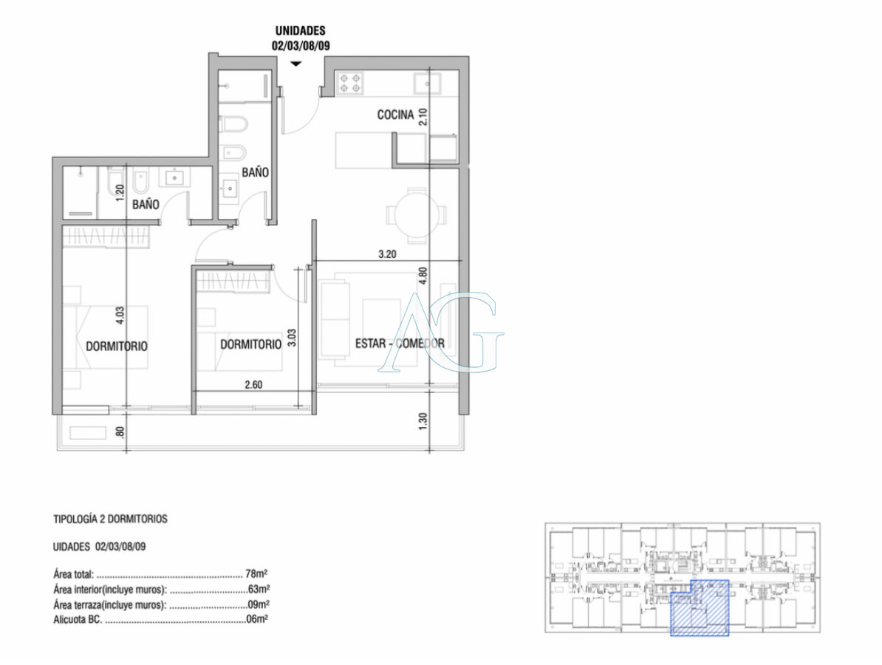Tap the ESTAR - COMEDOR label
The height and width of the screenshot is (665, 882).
400,344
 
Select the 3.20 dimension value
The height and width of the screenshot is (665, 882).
388,253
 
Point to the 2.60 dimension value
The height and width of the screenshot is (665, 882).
253,384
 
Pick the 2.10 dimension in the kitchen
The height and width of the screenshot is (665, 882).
423,117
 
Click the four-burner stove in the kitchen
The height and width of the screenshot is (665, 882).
350,83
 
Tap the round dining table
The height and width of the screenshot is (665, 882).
417,215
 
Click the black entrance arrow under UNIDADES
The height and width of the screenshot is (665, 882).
295,64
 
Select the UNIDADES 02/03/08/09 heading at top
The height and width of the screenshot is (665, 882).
300,38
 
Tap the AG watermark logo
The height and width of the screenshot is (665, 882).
441,332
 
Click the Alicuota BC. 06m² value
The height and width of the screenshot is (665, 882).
256,619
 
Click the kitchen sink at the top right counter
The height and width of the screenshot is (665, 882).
426,82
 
